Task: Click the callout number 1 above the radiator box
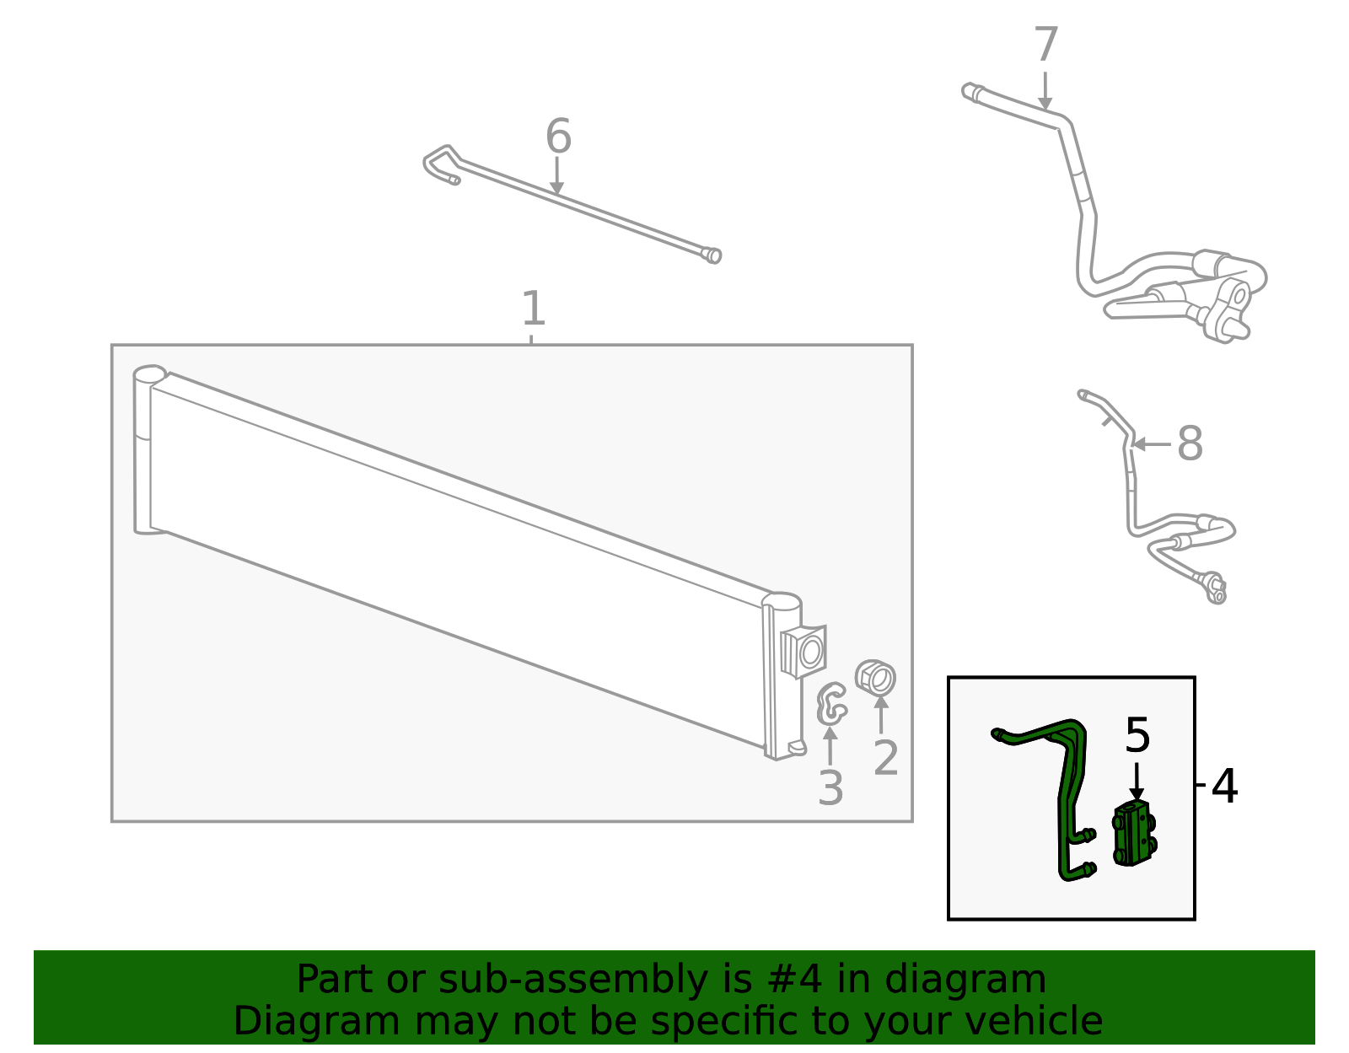[533, 309]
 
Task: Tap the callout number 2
[885, 758]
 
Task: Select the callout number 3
[830, 788]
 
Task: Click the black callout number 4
[1224, 786]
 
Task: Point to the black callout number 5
[1137, 735]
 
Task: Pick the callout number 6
[558, 137]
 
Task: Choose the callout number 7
[1045, 45]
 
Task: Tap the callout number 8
[1190, 443]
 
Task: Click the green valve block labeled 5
[1135, 834]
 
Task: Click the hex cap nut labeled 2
[875, 678]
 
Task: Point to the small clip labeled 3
[830, 704]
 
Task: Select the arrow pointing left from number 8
[1151, 443]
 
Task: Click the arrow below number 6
[556, 176]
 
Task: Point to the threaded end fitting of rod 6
[712, 255]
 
